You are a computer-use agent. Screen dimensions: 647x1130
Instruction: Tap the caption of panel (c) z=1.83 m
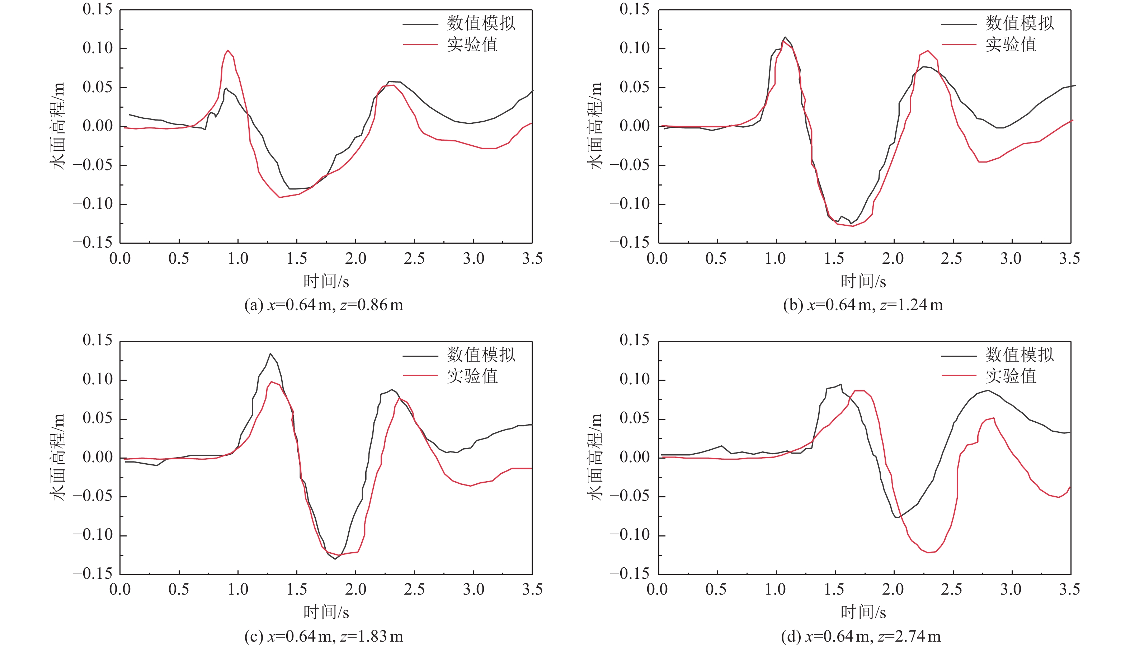pos(324,636)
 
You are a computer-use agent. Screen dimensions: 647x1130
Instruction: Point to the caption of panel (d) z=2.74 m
pos(861,636)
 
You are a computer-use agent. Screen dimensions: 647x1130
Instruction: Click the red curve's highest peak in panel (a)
pos(228,50)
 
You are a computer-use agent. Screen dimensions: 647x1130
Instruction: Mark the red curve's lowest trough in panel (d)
pos(928,552)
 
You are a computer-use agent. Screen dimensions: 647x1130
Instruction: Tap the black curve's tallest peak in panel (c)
pos(270,354)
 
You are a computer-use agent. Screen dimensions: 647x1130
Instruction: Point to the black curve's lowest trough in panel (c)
pos(335,559)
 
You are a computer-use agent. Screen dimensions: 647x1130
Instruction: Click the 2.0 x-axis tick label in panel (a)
pos(356,259)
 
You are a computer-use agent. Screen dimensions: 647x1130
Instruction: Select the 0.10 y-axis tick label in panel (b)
pos(634,48)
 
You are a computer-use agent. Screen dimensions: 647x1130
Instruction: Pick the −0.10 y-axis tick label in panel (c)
pos(93,535)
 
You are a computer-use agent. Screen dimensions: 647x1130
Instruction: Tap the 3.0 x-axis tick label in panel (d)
pos(1011,590)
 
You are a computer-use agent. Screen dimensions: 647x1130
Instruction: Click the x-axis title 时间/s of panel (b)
pos(863,281)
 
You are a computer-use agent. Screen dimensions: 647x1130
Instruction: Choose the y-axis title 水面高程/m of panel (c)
pos(58,457)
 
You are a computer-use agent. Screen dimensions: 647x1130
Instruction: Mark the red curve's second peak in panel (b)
pos(927,51)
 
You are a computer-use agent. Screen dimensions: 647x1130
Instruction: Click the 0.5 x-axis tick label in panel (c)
pos(179,590)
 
